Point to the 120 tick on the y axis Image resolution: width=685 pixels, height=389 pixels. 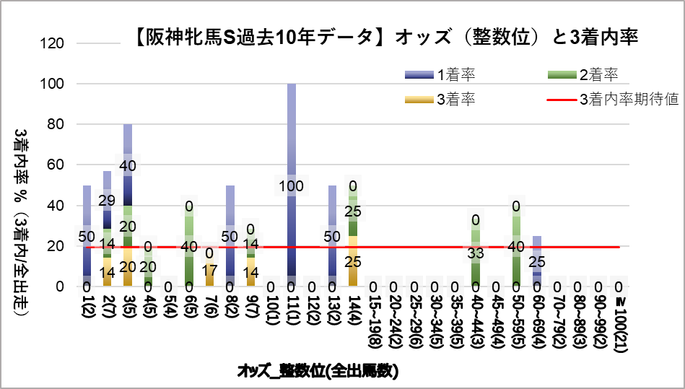[x=55, y=43]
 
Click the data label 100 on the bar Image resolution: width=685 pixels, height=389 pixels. [x=292, y=187]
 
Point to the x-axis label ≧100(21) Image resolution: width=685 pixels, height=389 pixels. [x=619, y=318]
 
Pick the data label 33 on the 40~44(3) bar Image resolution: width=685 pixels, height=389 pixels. [x=476, y=253]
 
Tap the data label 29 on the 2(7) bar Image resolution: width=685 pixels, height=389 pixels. [x=107, y=199]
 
